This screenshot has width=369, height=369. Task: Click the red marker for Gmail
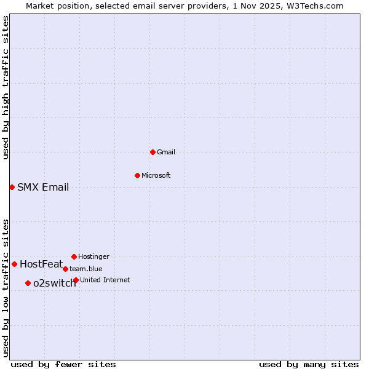pos(153,152)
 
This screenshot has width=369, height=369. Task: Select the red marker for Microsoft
pos(137,175)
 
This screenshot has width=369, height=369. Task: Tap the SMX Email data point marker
pos(12,187)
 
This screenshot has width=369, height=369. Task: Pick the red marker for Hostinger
pos(74,256)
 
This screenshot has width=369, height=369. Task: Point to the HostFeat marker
pos(14,264)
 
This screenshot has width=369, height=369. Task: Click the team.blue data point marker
pos(65,269)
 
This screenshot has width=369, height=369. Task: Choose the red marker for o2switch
pos(28,283)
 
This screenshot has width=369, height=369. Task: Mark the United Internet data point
pos(76,280)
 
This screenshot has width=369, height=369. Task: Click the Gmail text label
pos(166,152)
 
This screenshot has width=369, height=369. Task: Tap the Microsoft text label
pos(156,175)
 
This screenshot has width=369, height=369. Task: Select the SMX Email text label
pos(43,188)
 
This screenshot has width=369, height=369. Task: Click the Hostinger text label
pos(93,256)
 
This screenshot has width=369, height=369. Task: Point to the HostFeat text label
pos(41,264)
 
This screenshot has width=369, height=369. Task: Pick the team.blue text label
pos(86,269)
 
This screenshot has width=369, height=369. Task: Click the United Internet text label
pos(105,280)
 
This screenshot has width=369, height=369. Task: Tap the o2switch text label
pos(55,284)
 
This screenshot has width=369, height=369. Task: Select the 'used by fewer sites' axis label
pos(63,365)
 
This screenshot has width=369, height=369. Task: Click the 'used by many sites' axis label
pos(309,365)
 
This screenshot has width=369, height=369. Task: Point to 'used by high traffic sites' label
pos(6,87)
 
